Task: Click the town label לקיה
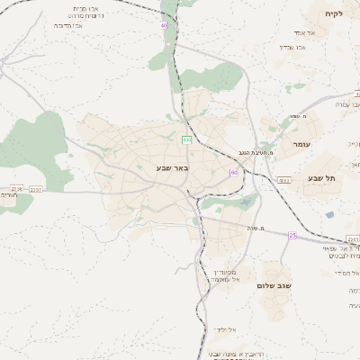(334, 13)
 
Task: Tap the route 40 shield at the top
(164, 26)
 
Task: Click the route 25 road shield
(292, 235)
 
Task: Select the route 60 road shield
(234, 172)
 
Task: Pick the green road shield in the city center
(185, 139)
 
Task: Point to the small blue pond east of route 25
(329, 215)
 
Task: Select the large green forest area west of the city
(36, 144)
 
